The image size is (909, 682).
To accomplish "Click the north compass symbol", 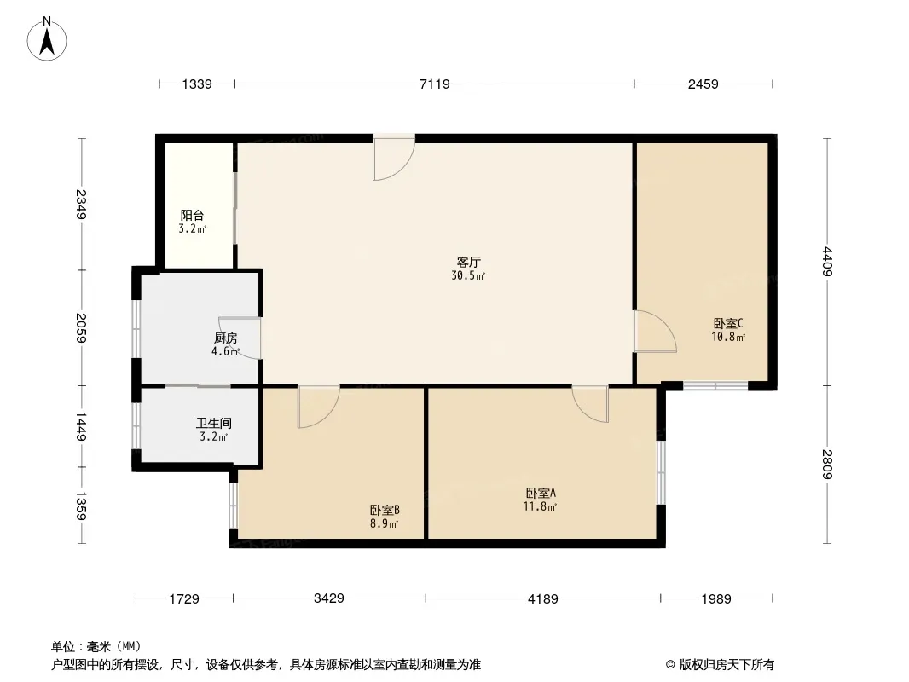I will click(49, 38).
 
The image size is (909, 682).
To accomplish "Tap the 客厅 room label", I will click(468, 262).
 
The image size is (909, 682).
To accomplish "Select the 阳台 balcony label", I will click(192, 216).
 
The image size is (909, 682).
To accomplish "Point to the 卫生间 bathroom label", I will click(213, 423).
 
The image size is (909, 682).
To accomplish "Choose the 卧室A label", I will click(541, 493).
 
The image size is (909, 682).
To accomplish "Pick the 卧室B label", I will click(385, 510).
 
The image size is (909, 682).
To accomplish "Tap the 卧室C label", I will click(728, 323).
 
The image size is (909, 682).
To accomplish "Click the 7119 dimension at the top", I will click(434, 84).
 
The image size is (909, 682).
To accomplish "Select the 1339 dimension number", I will click(196, 84).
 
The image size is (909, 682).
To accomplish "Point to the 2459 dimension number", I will click(703, 84).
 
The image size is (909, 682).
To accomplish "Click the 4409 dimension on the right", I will click(826, 261).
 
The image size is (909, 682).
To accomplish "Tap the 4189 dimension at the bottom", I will click(542, 599).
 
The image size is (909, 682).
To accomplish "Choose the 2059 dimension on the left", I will click(82, 328).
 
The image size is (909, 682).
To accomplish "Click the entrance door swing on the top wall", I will click(393, 159).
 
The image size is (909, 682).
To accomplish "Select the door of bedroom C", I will click(653, 332).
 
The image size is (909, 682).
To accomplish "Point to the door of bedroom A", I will click(591, 402).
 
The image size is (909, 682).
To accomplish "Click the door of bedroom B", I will click(318, 406).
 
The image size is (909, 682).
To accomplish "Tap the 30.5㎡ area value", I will click(468, 275).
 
